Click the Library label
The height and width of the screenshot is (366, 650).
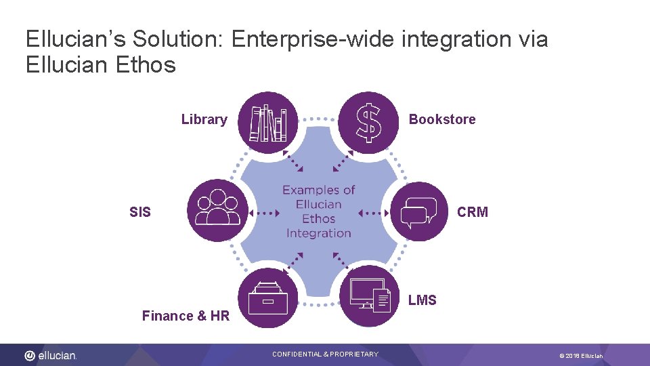204,120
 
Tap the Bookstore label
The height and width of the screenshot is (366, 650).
441,120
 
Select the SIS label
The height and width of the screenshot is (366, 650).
140,213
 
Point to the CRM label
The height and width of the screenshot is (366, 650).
472,213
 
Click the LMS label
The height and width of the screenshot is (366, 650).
422,300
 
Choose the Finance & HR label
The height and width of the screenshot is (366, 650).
186,316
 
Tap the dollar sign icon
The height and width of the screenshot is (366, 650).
368,123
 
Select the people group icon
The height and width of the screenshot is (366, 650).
217,210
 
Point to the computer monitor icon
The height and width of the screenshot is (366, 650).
369,296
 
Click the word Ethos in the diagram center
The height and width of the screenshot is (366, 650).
318,219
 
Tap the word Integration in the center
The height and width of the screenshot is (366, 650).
318,233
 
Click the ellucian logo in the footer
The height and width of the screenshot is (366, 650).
51,355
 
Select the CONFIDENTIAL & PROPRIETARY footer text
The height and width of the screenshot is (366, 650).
325,354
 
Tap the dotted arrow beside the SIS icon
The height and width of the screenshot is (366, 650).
264,213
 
